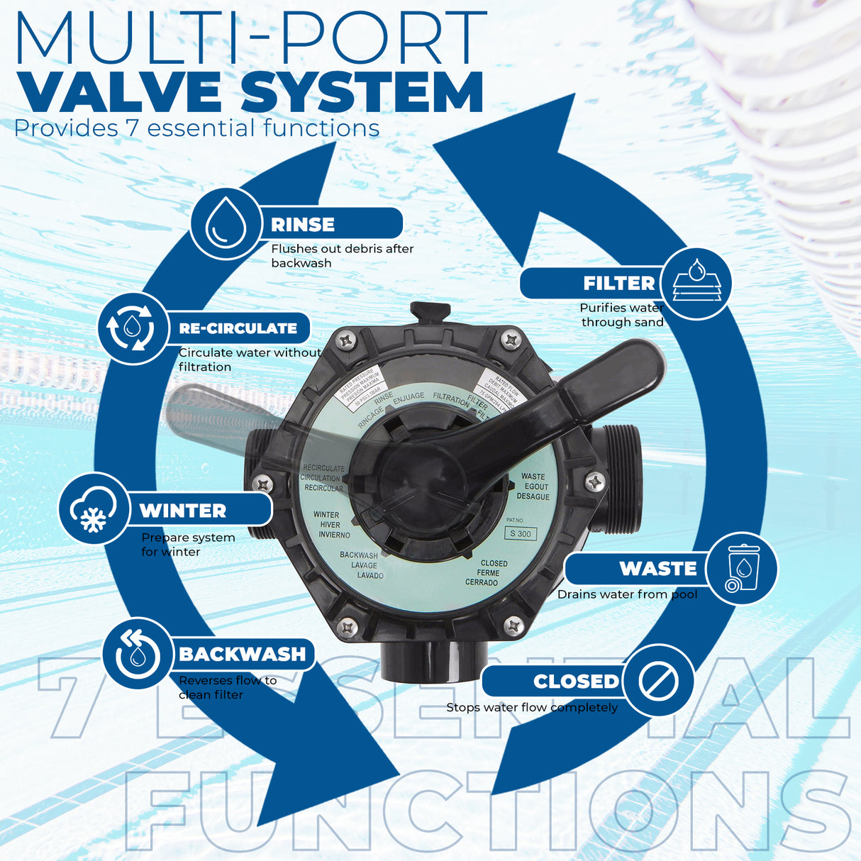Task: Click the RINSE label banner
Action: coord(330,224)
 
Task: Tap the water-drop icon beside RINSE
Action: coord(226,223)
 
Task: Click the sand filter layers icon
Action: coord(696,283)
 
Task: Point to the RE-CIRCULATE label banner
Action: coord(238,328)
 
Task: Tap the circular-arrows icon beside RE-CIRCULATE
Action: coord(132,328)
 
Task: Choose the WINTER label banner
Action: coord(199,510)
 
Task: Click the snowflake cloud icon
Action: coord(93,509)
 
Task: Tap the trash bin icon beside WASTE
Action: coord(742,568)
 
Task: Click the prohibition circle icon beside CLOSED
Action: coord(658,681)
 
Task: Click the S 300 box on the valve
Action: coord(521,534)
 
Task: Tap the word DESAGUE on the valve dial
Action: coord(533,496)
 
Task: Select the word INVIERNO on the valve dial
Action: coord(334,535)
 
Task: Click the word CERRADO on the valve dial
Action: coord(482,583)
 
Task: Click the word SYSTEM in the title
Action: coord(362,93)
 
